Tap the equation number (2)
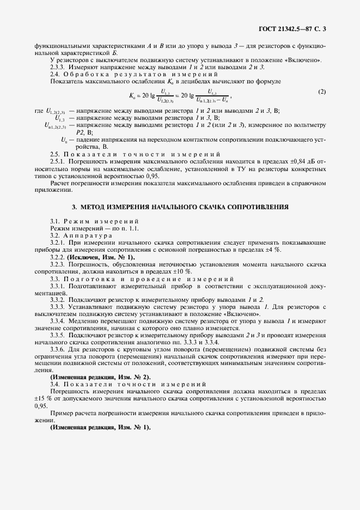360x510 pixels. [322, 92]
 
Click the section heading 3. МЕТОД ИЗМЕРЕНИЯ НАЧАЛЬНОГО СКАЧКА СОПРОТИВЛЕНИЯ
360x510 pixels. [180, 208]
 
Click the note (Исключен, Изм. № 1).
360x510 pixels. [100, 257]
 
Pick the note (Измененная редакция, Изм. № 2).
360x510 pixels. [101, 377]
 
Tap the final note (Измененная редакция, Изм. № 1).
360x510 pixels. [101, 427]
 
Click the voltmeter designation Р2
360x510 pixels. [81, 132]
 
